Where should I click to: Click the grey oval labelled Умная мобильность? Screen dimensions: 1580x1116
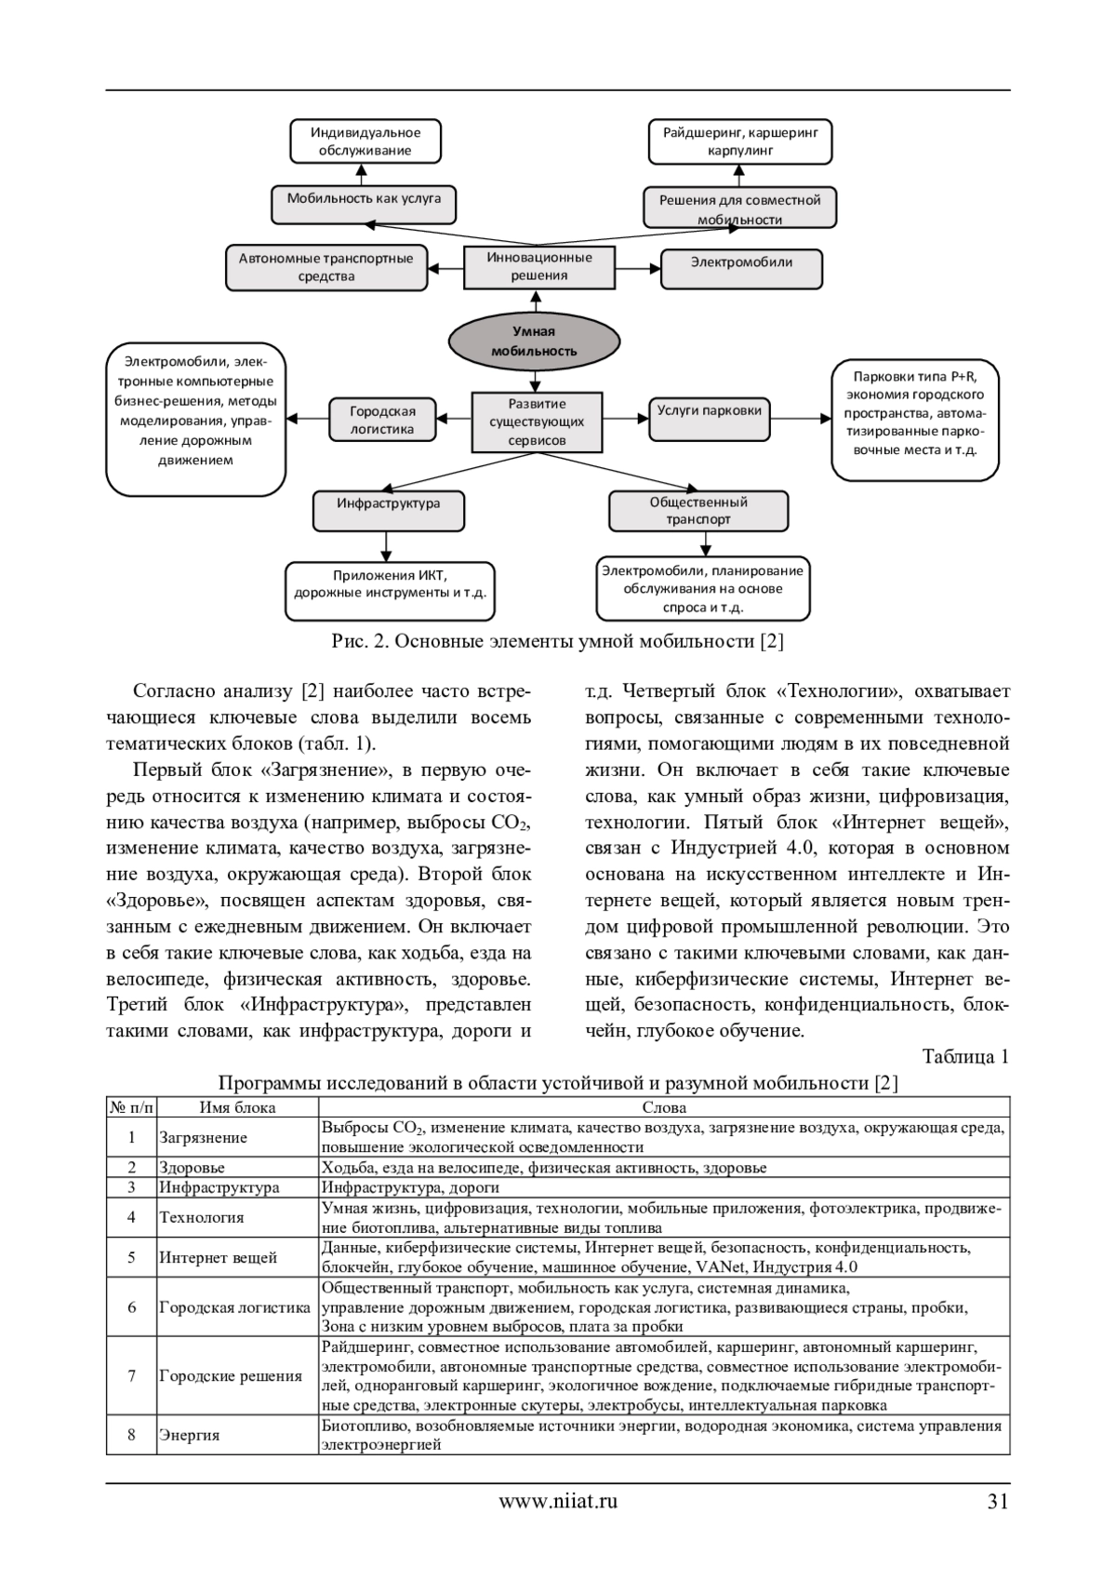coord(534,341)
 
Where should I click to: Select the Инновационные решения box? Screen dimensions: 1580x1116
coord(539,267)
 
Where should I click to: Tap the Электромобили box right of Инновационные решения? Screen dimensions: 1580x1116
coord(741,267)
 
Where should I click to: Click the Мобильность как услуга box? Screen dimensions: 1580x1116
coord(364,203)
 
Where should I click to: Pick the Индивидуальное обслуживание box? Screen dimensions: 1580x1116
coord(365,141)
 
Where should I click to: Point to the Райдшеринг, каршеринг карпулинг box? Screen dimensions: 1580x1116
coord(740,141)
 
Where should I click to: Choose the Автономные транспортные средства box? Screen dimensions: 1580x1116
coord(326,267)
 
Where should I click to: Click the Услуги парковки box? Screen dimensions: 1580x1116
coord(710,415)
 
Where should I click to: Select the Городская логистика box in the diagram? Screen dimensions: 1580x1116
coord(382,420)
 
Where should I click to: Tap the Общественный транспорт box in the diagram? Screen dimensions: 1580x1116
coord(698,511)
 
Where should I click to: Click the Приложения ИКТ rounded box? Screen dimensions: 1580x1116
coord(390,588)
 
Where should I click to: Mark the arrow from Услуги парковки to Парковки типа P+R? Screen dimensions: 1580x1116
coord(801,418)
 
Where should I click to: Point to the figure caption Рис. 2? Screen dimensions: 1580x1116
coord(557,641)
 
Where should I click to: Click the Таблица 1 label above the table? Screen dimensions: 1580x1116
coord(964,1056)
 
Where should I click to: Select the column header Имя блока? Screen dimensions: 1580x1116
coord(237,1107)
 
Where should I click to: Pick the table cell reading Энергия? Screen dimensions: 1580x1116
coord(190,1435)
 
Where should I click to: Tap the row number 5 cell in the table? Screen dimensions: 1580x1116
coord(132,1258)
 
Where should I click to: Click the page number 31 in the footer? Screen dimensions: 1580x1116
coord(998,1500)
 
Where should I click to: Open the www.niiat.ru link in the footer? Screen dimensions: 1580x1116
coord(558,1500)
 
